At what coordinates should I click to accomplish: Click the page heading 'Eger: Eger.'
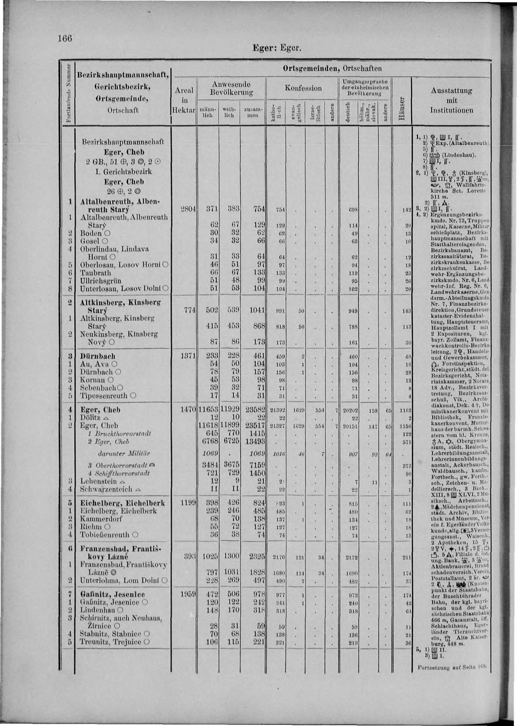(x=276, y=48)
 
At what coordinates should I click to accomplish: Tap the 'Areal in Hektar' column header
(x=184, y=100)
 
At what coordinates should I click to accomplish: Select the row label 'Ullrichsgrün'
(x=101, y=281)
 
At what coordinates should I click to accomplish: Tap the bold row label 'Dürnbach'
(x=98, y=356)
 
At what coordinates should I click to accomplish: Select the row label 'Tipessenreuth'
(x=104, y=396)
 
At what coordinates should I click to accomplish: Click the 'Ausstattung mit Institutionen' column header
(x=451, y=100)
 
